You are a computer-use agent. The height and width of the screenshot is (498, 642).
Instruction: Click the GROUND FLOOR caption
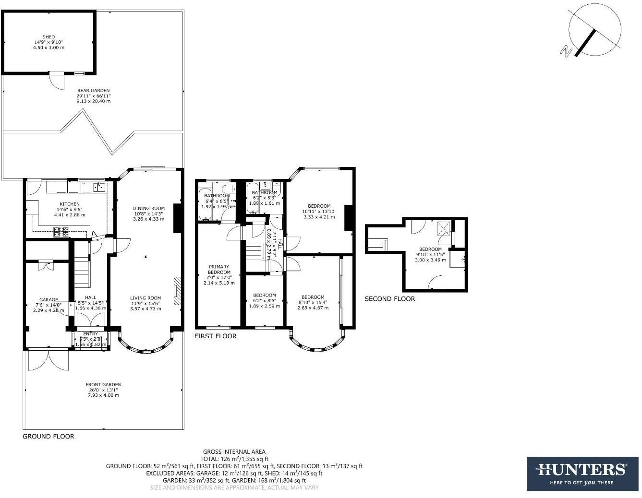[48, 436]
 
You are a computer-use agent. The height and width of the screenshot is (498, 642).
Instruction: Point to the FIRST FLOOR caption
[215, 336]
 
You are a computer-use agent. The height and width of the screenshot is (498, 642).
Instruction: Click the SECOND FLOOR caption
[389, 298]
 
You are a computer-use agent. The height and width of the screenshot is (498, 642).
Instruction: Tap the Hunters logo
[582, 473]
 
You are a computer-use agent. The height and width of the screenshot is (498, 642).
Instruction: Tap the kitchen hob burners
[61, 232]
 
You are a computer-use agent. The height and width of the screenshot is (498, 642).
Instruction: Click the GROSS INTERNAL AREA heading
[234, 451]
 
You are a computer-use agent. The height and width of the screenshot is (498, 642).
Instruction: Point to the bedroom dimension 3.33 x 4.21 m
[319, 217]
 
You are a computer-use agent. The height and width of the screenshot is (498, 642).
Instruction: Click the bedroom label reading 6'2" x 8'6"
[264, 300]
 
